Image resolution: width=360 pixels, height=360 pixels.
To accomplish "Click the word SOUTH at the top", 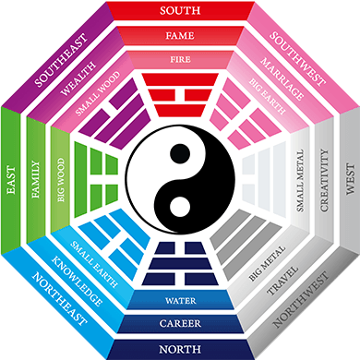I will coord(180,11).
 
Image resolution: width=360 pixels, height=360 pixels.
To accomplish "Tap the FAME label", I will coord(180,37).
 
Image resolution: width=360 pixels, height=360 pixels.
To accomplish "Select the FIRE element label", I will coord(180,60).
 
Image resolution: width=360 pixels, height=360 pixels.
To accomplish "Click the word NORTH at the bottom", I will coord(180,349).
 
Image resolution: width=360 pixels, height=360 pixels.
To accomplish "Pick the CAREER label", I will coord(180,324).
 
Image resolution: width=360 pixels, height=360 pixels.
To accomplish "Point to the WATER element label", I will coord(180,301).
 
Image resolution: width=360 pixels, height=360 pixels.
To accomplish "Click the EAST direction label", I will coord(11,180).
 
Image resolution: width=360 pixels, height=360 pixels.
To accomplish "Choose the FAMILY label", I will coord(36,180).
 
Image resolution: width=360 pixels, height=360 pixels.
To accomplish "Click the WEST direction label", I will coord(349,180).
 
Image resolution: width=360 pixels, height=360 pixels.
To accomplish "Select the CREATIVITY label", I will coord(324,180).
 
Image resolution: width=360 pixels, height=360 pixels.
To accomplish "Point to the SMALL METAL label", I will coord(301,180).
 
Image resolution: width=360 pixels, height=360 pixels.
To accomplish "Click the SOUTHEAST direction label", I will coord(60,61).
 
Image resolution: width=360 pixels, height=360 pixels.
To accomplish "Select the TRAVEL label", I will coord(282,282).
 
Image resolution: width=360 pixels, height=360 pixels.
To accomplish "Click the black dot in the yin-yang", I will coord(180,153).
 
